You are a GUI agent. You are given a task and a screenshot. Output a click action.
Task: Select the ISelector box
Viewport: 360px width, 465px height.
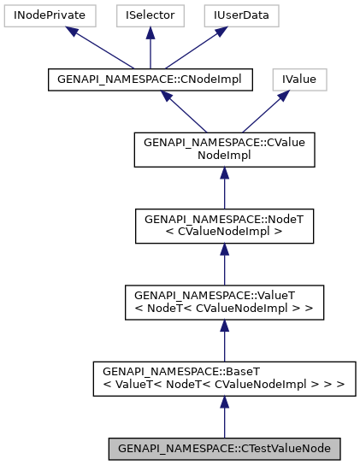pyautogui.click(x=150, y=15)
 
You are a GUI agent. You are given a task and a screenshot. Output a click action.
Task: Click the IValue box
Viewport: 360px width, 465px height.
pyautogui.click(x=300, y=79)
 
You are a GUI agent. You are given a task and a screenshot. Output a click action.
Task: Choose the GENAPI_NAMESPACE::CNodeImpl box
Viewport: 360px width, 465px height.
pyautogui.click(x=150, y=79)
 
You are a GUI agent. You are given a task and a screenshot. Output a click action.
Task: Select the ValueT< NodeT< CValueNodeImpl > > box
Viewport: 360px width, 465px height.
pyautogui.click(x=224, y=302)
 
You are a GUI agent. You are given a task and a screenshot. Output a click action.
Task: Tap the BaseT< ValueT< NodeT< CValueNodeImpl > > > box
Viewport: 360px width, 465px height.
pyautogui.click(x=224, y=378)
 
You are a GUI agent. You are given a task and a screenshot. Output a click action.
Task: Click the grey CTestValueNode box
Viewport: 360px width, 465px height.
pyautogui.click(x=224, y=448)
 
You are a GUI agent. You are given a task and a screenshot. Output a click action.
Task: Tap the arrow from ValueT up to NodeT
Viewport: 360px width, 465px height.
pyautogui.click(x=224, y=266)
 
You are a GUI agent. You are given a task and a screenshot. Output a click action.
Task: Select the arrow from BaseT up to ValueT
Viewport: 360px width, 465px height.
pyautogui.click(x=224, y=342)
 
